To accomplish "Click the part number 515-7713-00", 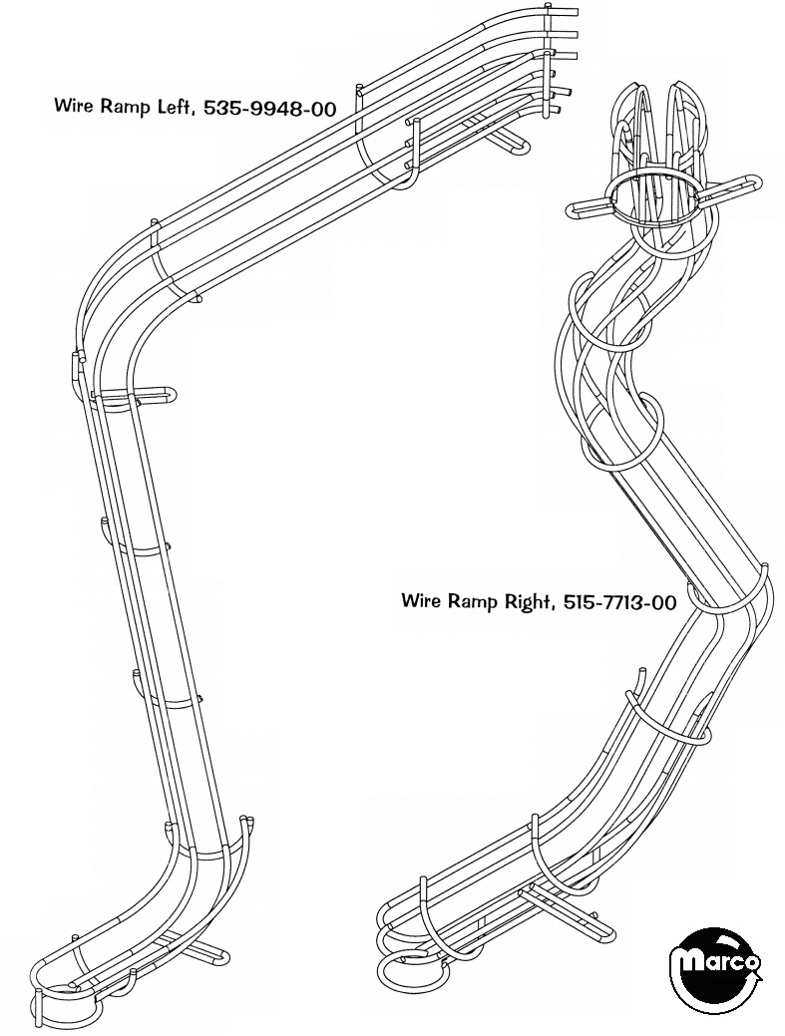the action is [619, 601].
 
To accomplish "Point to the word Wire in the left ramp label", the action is [74, 107].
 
